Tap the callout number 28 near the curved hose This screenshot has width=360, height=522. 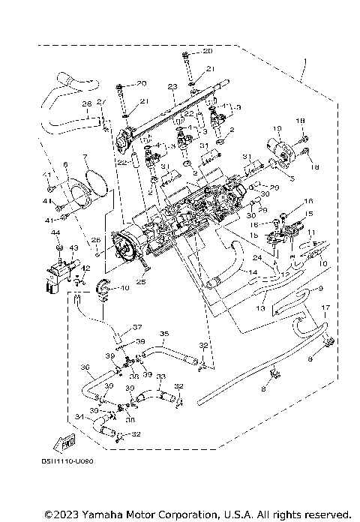click(87, 103)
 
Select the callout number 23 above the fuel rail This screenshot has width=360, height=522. click(171, 88)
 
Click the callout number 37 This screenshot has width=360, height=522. click(137, 327)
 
